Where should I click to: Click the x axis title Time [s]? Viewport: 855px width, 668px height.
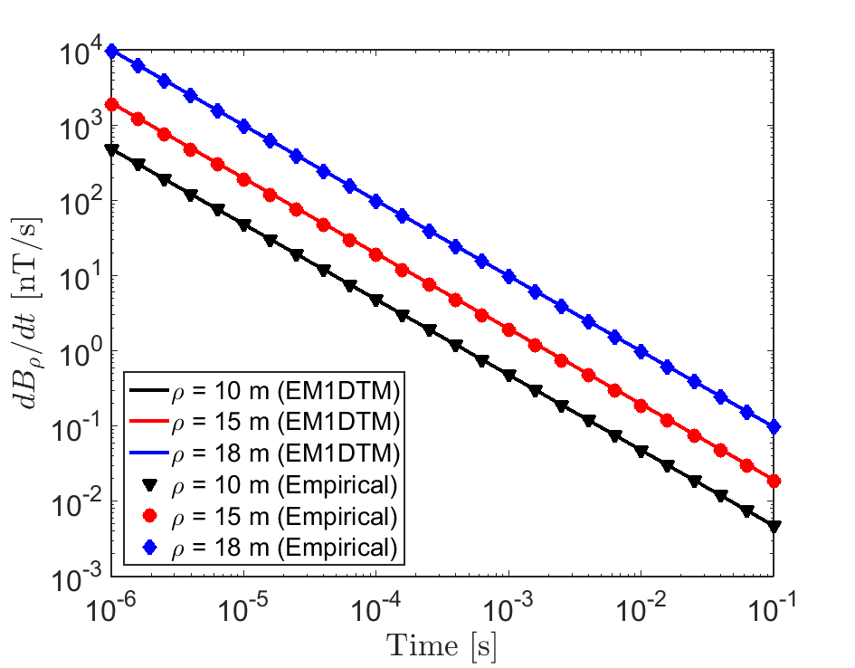(x=442, y=644)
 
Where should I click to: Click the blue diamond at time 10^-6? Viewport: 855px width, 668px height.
(x=111, y=52)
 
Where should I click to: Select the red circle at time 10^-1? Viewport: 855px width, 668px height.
(x=774, y=481)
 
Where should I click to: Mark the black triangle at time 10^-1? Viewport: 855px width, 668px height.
(x=774, y=526)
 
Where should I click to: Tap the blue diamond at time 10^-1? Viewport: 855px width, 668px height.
(x=774, y=427)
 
